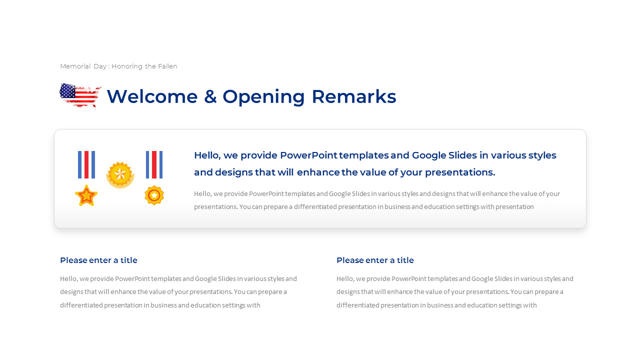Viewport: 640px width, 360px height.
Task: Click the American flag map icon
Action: tap(80, 95)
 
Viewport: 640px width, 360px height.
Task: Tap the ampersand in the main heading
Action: tap(210, 96)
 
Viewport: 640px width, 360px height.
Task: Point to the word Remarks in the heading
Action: tap(353, 96)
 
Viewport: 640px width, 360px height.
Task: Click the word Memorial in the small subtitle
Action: tap(75, 66)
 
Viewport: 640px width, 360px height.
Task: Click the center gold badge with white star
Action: tap(120, 174)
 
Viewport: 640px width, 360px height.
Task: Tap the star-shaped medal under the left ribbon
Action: tap(86, 195)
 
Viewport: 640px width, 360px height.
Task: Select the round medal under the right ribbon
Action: tap(154, 195)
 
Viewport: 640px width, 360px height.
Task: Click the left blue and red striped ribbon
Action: tap(86, 164)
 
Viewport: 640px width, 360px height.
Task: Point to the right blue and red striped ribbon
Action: tap(154, 164)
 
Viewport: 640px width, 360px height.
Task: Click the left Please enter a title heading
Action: tap(98, 260)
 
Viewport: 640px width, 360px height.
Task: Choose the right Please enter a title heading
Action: tap(375, 260)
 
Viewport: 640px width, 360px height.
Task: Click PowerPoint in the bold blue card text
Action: tap(308, 155)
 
